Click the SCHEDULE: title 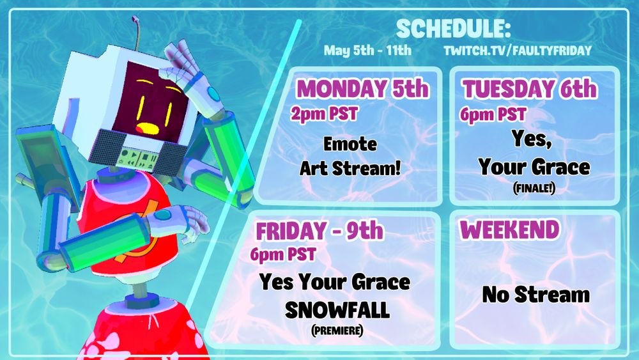(x=453, y=29)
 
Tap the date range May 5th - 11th (x=367, y=51)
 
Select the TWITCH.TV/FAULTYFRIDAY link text (x=518, y=51)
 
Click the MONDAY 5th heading (x=363, y=88)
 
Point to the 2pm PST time (x=324, y=114)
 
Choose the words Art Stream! (x=350, y=168)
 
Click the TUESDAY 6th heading (x=529, y=88)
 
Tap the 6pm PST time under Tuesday (x=493, y=114)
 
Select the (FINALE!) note (x=534, y=189)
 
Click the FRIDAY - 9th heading (x=319, y=231)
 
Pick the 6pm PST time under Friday (x=283, y=254)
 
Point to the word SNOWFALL (x=337, y=310)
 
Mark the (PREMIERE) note (x=337, y=330)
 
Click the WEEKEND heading (x=509, y=230)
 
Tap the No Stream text (x=536, y=294)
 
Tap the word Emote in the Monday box (x=350, y=144)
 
